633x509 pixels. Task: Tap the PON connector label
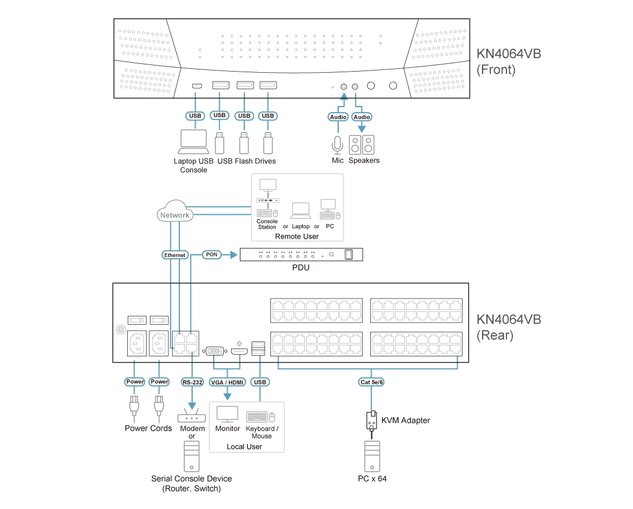(211, 254)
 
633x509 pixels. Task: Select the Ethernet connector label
(175, 255)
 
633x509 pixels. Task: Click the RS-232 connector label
(192, 382)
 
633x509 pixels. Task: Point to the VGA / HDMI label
(227, 382)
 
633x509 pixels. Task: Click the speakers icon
(361, 145)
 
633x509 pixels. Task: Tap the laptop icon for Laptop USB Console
(193, 142)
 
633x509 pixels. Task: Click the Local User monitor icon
(227, 415)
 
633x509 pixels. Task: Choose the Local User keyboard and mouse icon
(261, 417)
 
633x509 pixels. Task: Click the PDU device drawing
(301, 254)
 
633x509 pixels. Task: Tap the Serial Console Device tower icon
(192, 457)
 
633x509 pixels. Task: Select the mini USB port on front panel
(197, 86)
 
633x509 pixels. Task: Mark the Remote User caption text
(297, 236)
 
